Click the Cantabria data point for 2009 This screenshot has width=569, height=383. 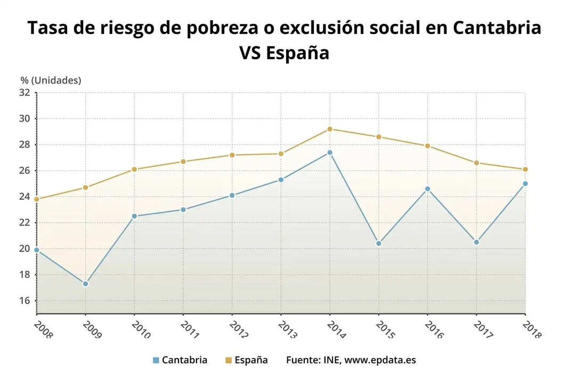tap(85, 284)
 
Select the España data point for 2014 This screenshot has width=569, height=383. tap(330, 129)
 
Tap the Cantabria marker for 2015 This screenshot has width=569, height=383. tap(378, 244)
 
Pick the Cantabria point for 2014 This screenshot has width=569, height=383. tap(330, 153)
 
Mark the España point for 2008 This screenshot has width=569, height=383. tap(36, 199)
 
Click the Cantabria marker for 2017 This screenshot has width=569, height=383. tap(476, 242)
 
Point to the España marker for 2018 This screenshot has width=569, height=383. tap(525, 169)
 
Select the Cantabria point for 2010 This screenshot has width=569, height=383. tap(134, 216)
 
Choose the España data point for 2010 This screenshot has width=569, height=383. tap(134, 169)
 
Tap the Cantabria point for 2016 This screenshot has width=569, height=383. tap(427, 189)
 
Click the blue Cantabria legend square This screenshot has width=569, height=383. tap(156, 360)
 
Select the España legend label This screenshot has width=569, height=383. tap(251, 360)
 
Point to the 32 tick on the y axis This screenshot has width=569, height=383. tap(24, 93)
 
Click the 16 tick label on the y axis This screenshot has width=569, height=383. tap(24, 301)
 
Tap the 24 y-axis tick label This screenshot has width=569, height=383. tap(24, 197)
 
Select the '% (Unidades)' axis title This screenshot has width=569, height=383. tap(51, 80)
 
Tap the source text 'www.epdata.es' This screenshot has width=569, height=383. tap(380, 360)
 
